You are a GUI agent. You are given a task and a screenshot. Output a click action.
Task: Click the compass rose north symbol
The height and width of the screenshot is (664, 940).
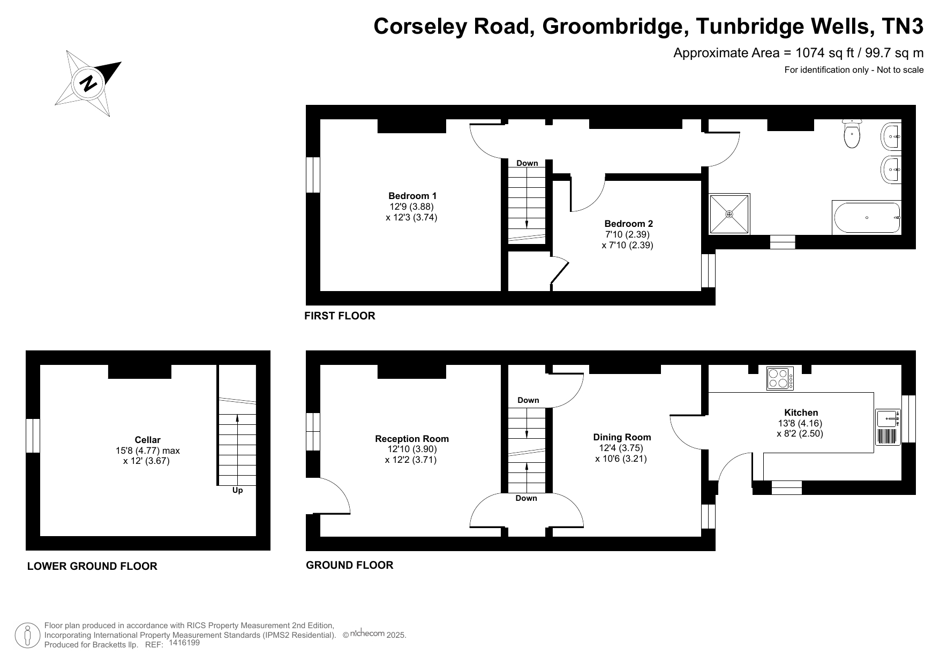click(x=88, y=83)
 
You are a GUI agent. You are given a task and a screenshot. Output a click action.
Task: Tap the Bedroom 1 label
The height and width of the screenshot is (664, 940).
click(x=412, y=196)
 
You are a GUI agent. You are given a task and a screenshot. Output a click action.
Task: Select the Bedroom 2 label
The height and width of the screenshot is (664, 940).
click(x=628, y=224)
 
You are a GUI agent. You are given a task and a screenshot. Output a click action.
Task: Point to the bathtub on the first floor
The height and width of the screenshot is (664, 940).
click(x=867, y=218)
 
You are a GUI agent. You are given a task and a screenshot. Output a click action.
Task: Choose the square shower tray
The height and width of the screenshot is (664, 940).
click(x=729, y=214)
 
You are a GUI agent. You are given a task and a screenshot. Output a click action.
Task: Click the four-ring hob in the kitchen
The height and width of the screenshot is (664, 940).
click(x=779, y=378)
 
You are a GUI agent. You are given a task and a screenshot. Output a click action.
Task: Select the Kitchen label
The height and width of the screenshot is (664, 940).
click(x=801, y=413)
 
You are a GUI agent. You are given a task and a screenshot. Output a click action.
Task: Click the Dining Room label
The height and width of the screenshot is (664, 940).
click(x=622, y=437)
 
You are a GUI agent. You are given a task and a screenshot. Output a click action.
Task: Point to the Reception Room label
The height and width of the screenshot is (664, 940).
click(x=412, y=439)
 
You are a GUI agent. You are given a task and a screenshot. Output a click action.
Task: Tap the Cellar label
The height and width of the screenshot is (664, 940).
click(x=147, y=440)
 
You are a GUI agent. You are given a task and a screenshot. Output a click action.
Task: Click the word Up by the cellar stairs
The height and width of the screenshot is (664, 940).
click(x=237, y=490)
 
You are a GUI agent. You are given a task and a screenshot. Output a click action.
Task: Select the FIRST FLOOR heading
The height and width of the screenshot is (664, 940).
click(x=340, y=316)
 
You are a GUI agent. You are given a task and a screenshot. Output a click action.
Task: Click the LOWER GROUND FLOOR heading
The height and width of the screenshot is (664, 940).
click(x=92, y=566)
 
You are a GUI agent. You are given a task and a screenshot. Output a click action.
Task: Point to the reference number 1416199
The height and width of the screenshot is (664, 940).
click(x=184, y=643)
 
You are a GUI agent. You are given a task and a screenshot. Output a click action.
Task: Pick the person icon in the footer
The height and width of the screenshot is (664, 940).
click(x=27, y=636)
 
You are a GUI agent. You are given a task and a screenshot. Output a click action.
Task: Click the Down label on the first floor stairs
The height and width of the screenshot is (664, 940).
click(x=527, y=163)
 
